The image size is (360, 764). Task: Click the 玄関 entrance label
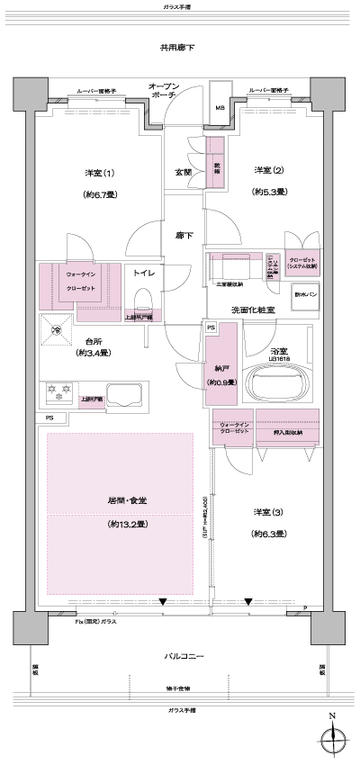point(183,173)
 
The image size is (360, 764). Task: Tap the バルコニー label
point(184,658)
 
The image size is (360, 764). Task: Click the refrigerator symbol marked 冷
point(57,330)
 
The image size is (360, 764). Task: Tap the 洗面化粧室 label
point(253,310)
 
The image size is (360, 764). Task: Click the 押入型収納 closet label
point(286,432)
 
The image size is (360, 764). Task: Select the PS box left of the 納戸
point(210,328)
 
